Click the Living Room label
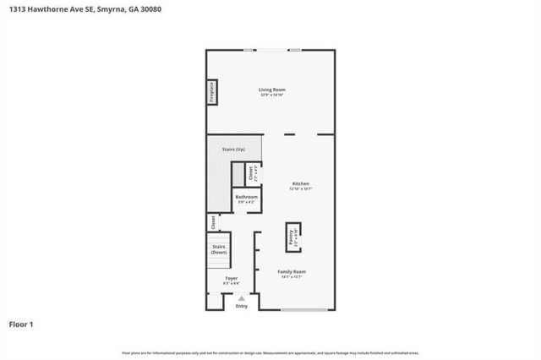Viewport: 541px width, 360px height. pyautogui.click(x=272, y=89)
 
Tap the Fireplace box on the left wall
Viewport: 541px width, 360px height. pyautogui.click(x=212, y=93)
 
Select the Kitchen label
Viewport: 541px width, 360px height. pyautogui.click(x=301, y=183)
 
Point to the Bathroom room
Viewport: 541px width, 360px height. pyautogui.click(x=247, y=199)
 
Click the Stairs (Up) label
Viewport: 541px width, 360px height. pyautogui.click(x=234, y=149)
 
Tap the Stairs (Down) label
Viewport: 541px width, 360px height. pyautogui.click(x=219, y=249)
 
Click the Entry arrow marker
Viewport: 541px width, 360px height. pyautogui.click(x=242, y=298)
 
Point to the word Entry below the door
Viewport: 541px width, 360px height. pyautogui.click(x=242, y=306)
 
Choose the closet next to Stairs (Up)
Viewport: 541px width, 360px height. pyautogui.click(x=252, y=173)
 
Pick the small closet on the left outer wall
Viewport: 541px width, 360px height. pyautogui.click(x=211, y=222)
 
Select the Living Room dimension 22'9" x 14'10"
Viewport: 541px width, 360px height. pyautogui.click(x=272, y=94)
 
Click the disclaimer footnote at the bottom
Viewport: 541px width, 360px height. pyautogui.click(x=270, y=352)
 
